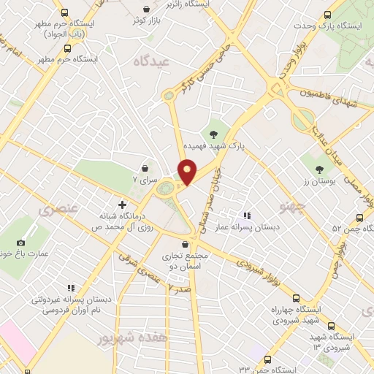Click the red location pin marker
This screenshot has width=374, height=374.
(x=188, y=172)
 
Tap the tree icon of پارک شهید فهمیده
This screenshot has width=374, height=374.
(x=213, y=134)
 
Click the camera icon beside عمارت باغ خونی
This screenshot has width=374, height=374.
(x=20, y=243)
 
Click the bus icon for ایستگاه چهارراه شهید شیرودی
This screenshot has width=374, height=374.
(x=297, y=298)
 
